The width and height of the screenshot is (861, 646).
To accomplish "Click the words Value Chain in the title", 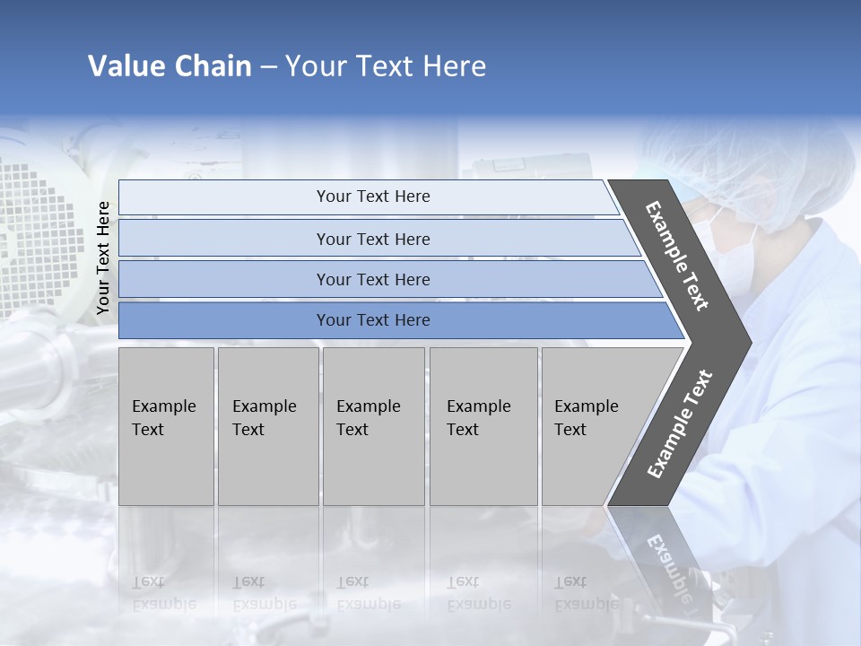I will (x=170, y=66).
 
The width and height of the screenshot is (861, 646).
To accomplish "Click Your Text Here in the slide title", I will (x=386, y=66).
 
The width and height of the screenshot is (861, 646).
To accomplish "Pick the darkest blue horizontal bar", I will (x=224, y=320).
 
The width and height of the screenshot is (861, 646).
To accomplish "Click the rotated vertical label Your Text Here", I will (x=103, y=258).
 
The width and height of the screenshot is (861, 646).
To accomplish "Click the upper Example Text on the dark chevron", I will (x=677, y=256).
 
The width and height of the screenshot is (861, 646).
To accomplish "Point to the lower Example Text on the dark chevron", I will (x=680, y=423).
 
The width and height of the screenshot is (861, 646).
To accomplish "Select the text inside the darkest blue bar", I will (x=373, y=320).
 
